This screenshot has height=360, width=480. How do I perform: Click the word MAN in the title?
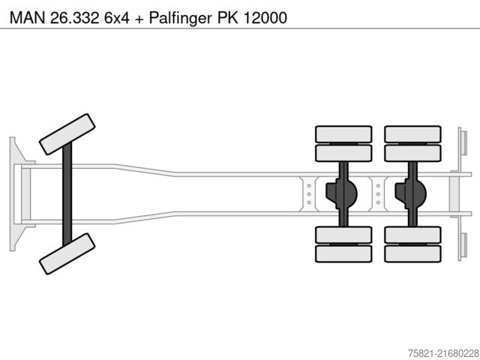23,16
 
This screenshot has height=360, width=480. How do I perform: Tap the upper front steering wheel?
67,134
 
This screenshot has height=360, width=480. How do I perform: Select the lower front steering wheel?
67,253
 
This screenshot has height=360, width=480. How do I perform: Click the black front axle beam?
67,193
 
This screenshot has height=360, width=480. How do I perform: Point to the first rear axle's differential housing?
341,194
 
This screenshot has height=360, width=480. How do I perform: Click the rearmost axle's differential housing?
411,194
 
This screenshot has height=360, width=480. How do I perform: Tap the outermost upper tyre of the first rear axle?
343,134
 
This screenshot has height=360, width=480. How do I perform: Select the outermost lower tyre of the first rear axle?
343,253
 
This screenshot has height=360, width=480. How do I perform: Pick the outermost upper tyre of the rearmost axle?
412,134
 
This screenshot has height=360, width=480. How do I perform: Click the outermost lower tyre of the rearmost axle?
412,253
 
